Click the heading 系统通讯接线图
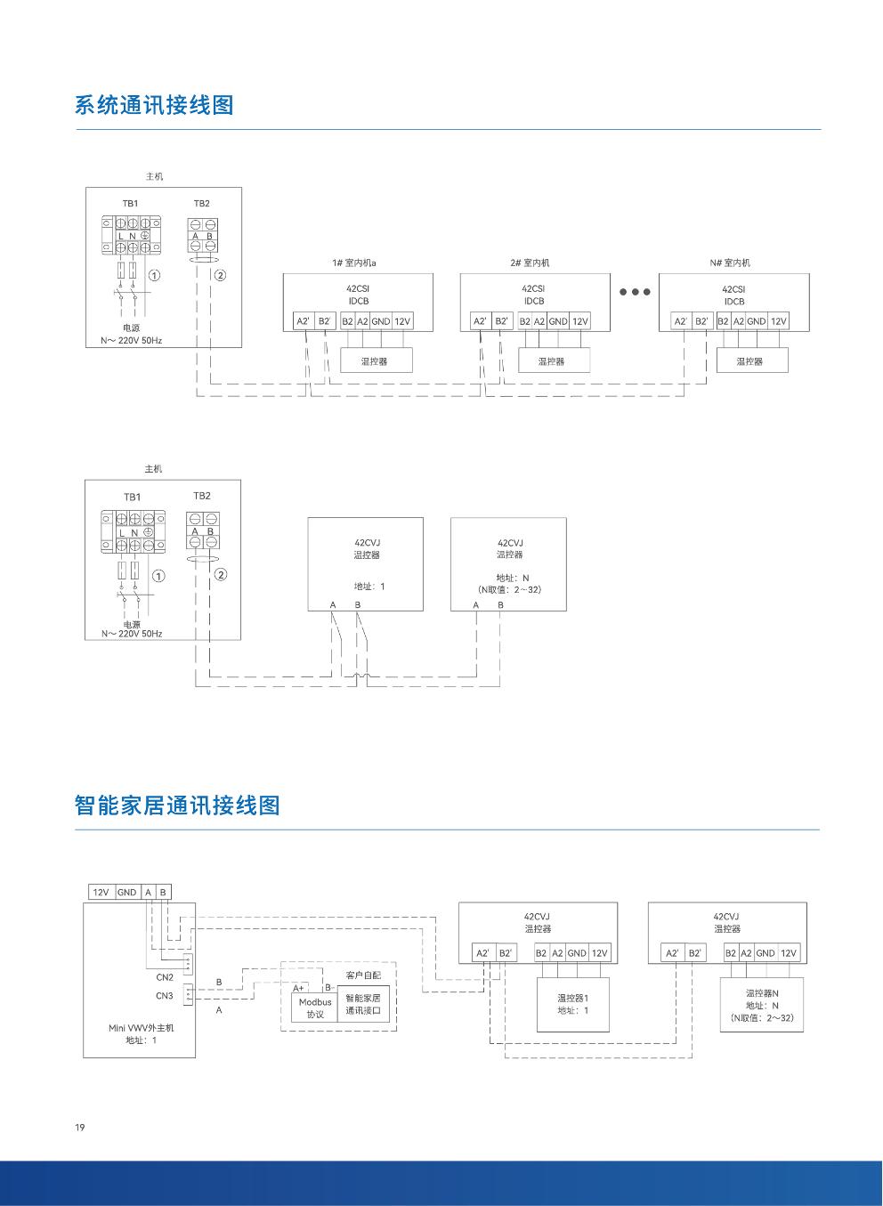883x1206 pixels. [x=154, y=105]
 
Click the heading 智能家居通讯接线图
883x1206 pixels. [x=177, y=805]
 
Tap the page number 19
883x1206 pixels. [x=80, y=1128]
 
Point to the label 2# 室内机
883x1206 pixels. [x=530, y=263]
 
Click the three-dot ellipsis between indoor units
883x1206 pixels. [x=635, y=292]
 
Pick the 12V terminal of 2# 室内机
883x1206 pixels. [x=580, y=321]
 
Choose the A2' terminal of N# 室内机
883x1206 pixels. [x=681, y=321]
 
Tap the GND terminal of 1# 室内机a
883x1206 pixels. [x=381, y=321]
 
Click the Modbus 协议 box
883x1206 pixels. [x=314, y=1008]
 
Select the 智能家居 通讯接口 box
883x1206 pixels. [x=363, y=1005]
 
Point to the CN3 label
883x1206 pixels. [x=165, y=996]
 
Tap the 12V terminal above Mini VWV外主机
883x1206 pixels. [x=101, y=892]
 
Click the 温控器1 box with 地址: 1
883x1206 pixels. [x=573, y=1003]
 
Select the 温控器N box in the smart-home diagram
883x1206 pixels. [x=762, y=1004]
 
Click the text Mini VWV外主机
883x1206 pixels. [x=142, y=1027]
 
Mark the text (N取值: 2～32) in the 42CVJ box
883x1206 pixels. [x=509, y=589]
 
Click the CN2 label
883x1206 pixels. [x=165, y=977]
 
